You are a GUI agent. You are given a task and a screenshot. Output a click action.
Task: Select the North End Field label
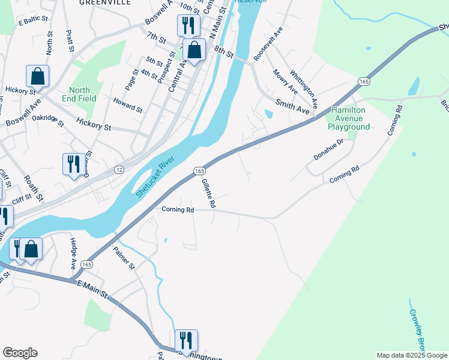coord(79,95)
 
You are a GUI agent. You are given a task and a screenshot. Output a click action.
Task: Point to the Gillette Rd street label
coord(208,193)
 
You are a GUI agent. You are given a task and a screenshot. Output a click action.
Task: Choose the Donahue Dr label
coord(328,150)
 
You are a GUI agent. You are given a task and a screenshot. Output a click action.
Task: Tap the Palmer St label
coord(124,258)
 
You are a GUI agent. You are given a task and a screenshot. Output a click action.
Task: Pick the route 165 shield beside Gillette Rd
coord(200,172)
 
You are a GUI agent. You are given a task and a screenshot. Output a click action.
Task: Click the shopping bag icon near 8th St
coord(194,50)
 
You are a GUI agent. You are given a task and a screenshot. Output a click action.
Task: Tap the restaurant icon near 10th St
coord(188,25)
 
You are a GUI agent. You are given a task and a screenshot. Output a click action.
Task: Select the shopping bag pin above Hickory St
coord(37,76)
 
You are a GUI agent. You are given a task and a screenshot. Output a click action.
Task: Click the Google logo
coord(20,353)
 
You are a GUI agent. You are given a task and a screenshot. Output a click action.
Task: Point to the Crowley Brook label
coord(417,330)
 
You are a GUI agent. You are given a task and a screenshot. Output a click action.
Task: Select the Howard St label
coord(127,110)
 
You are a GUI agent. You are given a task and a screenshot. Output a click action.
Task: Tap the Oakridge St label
coord(48,121)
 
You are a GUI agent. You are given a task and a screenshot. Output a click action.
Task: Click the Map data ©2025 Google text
coord(412,355)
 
